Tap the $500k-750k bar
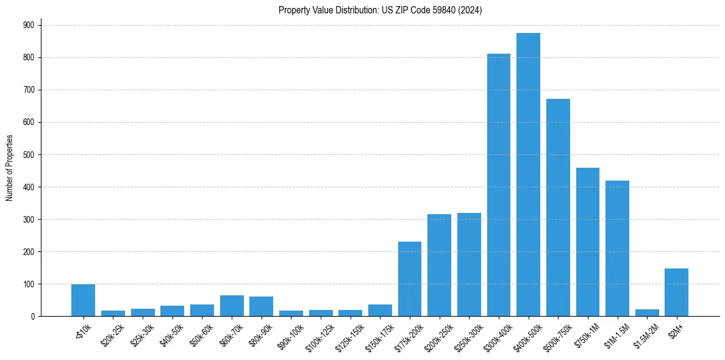pyautogui.click(x=558, y=207)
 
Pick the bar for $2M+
pyautogui.click(x=676, y=292)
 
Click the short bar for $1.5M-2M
pyautogui.click(x=647, y=313)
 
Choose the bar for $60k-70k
pyautogui.click(x=232, y=306)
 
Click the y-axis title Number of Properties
pyautogui.click(x=10, y=167)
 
